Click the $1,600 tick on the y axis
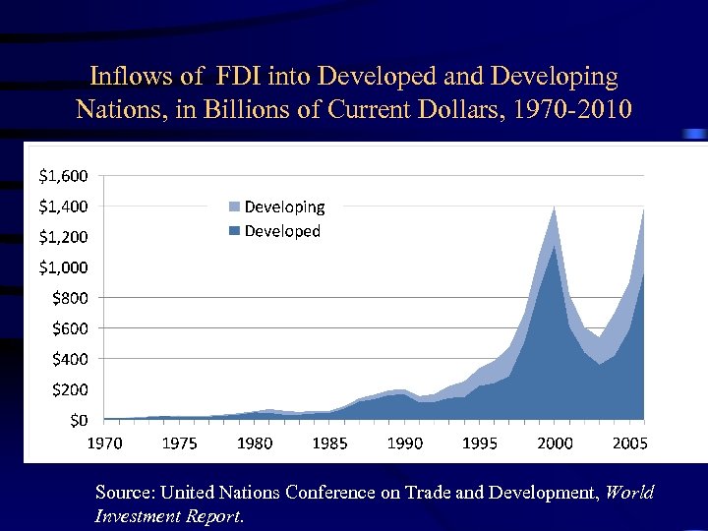(63, 176)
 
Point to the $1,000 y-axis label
(63, 267)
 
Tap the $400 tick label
(69, 359)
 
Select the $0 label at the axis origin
(78, 421)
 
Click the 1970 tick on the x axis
(105, 443)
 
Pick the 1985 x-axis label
(330, 443)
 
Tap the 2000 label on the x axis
(555, 443)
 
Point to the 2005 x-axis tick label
(629, 443)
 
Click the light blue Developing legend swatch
(235, 207)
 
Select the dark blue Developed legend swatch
(235, 232)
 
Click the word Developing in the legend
(284, 207)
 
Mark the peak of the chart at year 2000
(555, 208)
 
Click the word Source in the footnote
(124, 492)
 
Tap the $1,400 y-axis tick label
(63, 206)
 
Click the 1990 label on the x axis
(405, 443)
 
